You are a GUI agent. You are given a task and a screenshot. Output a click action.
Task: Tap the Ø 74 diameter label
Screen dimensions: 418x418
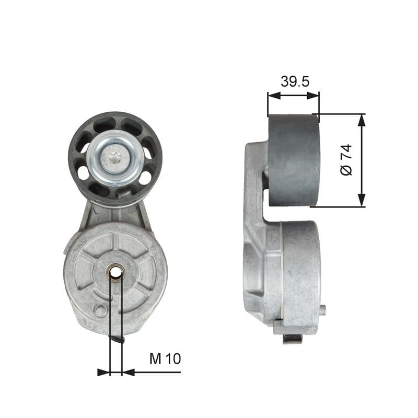tap(346, 160)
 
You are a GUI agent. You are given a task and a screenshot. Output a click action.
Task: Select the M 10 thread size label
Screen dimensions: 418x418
tap(165, 358)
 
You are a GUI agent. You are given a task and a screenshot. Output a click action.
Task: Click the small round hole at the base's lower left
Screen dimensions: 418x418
tap(99, 311)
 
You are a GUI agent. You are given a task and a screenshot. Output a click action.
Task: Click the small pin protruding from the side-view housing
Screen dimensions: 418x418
tap(323, 310)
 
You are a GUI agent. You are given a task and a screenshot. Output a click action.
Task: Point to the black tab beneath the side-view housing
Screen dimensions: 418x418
tap(293, 339)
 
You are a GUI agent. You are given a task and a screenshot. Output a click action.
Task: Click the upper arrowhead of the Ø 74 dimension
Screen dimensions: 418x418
tap(361, 119)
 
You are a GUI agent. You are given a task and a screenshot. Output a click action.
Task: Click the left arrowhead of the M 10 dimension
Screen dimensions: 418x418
tap(103, 372)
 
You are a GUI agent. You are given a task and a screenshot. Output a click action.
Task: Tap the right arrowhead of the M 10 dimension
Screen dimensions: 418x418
tap(128, 372)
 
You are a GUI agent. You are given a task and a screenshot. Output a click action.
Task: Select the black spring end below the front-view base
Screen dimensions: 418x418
tap(118, 339)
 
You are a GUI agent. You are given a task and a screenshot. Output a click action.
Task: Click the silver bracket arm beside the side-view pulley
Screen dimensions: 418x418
tap(255, 178)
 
